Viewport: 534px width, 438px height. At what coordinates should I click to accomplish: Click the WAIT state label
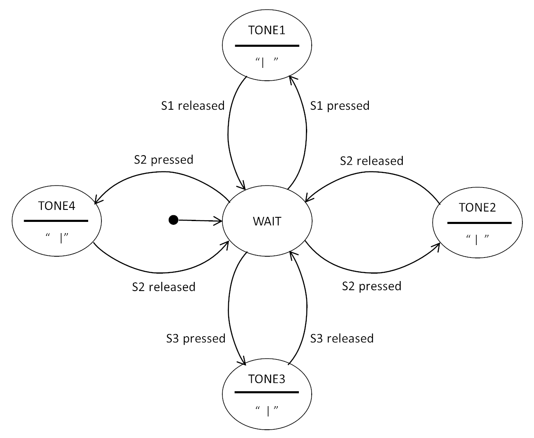point(267,221)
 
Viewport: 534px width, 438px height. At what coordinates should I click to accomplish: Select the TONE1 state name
point(267,30)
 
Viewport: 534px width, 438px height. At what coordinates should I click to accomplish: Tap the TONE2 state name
point(477,207)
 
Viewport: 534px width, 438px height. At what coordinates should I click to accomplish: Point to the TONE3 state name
point(267,379)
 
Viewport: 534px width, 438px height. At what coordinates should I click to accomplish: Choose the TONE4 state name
point(57,206)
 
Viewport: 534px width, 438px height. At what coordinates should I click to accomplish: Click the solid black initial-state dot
point(173,220)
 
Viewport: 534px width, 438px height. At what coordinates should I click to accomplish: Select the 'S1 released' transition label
point(192,106)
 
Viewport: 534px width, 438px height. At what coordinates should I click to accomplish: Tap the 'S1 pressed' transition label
point(339,106)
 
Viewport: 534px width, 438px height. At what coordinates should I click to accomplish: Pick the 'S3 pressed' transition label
point(195,339)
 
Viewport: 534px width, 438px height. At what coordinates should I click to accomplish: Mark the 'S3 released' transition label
point(342,339)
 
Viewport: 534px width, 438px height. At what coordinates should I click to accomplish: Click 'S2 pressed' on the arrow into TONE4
point(164,159)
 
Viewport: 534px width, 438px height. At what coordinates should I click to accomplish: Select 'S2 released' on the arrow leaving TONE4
point(164,287)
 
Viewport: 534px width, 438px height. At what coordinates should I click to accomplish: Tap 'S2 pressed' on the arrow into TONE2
point(371,286)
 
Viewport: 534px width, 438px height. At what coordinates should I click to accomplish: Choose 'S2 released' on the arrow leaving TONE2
point(371,161)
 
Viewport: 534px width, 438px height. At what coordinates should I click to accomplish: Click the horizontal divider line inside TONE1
point(267,46)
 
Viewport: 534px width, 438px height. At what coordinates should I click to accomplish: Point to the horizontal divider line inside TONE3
point(267,392)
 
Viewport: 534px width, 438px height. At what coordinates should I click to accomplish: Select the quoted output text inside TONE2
point(477,239)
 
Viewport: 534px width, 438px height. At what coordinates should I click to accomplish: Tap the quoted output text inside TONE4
point(57,237)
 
